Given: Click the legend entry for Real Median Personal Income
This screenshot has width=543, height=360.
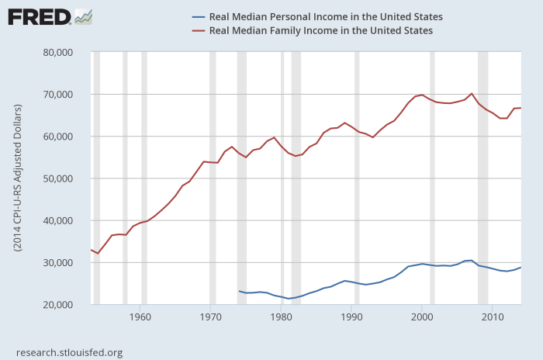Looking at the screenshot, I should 327,16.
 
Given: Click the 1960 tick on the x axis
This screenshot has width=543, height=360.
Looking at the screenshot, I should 140,317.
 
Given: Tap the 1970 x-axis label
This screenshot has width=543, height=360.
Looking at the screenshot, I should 211,317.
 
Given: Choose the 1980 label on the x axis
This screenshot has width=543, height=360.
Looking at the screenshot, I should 281,317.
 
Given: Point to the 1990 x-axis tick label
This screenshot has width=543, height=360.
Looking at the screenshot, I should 351,317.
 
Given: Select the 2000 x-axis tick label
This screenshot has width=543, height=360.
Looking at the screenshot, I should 422,317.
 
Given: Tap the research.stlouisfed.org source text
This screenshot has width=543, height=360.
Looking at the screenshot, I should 69,351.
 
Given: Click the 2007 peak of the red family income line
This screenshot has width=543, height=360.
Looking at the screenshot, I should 472,93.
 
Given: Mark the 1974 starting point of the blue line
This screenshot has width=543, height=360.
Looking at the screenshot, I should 239,291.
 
